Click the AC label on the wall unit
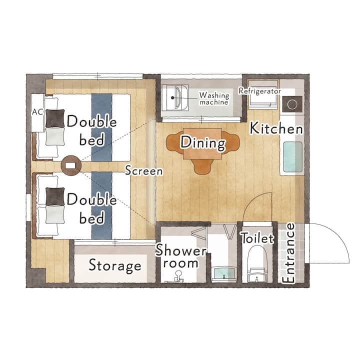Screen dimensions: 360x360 pos(37,112)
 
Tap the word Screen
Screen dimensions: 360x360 pos(144,170)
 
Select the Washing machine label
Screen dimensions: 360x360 pos(214,98)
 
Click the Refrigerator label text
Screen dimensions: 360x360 pos(259,91)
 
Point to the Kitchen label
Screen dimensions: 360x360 pos(276,128)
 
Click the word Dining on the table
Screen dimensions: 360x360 pos(203,143)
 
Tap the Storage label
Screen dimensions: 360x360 pos(115,265)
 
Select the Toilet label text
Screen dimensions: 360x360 pos(257,238)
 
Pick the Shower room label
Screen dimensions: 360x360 pos(181,256)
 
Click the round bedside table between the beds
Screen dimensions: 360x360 pos(71,165)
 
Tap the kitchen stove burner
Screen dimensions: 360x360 pos(292,104)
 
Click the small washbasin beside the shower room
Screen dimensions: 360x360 pos(224,273)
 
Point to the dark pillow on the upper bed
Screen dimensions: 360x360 pos(55,118)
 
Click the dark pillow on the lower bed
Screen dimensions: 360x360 pos(55,196)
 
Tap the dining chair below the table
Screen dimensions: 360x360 pos(202,166)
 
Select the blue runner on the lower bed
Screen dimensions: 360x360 pos(101,205)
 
